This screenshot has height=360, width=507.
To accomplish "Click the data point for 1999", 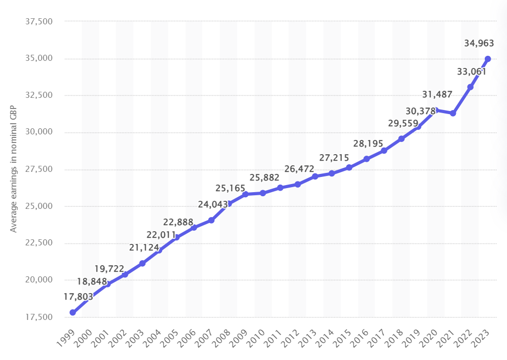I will click(73, 312).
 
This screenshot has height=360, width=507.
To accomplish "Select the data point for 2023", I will click(488, 59).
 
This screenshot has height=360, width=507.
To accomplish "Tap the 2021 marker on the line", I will click(453, 113).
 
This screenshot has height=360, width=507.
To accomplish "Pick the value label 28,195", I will click(368, 145).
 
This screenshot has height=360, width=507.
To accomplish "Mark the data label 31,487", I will click(437, 94).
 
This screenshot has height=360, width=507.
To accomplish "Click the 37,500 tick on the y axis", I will click(39, 22).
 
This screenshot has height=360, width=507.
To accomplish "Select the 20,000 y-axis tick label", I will click(39, 280).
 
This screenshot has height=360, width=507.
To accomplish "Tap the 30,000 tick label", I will click(39, 132).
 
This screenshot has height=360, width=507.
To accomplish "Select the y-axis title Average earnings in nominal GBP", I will click(14, 170).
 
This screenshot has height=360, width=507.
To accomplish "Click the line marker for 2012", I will click(298, 184).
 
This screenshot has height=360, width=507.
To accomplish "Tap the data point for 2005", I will click(176, 237).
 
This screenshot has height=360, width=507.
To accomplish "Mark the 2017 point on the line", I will click(384, 151).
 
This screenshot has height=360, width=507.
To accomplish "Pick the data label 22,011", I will click(161, 235).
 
